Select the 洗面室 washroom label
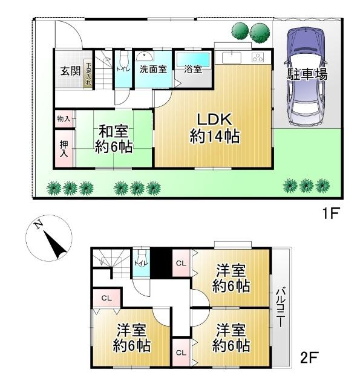(x=153, y=69)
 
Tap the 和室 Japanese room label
(x=113, y=131)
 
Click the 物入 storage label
(x=63, y=118)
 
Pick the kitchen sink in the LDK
(x=232, y=58)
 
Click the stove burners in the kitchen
(x=258, y=58)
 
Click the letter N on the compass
(x=38, y=226)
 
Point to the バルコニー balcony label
(x=281, y=308)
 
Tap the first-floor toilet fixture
(x=124, y=62)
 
